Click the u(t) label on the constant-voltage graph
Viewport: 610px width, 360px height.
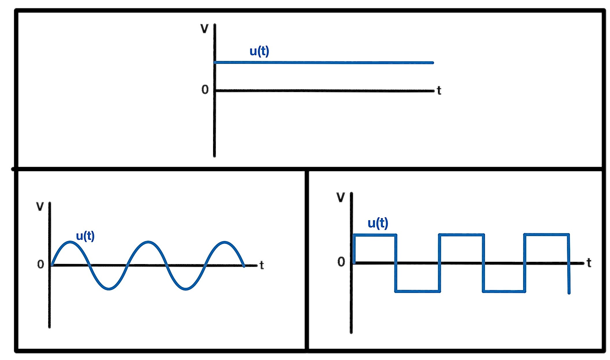[x=259, y=51]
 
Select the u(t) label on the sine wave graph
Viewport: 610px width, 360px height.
[x=85, y=236]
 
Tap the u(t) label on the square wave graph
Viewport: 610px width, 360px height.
[x=378, y=223]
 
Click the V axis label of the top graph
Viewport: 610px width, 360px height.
[x=204, y=29]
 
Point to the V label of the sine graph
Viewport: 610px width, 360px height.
[x=40, y=207]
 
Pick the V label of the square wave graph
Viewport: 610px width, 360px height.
[x=341, y=197]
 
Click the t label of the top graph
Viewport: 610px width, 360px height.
[x=439, y=91]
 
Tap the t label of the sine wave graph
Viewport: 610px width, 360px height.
[x=262, y=265]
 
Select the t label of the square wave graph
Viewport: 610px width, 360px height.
[x=589, y=263]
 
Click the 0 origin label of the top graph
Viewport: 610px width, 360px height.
[x=205, y=90]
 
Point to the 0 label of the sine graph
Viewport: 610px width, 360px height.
[x=41, y=264]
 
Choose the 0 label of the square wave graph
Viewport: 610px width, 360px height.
[x=341, y=262]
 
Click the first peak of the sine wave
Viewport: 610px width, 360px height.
[x=70, y=242]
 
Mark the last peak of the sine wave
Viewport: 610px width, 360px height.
[x=225, y=242]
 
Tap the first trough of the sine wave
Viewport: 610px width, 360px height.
[x=109, y=289]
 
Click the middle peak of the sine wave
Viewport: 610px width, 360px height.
[x=148, y=242]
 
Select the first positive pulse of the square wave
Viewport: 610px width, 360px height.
[x=375, y=235]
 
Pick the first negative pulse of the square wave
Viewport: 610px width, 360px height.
[x=417, y=291]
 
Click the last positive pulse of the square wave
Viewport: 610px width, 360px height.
[x=546, y=235]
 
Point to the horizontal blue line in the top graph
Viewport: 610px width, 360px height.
[x=323, y=62]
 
